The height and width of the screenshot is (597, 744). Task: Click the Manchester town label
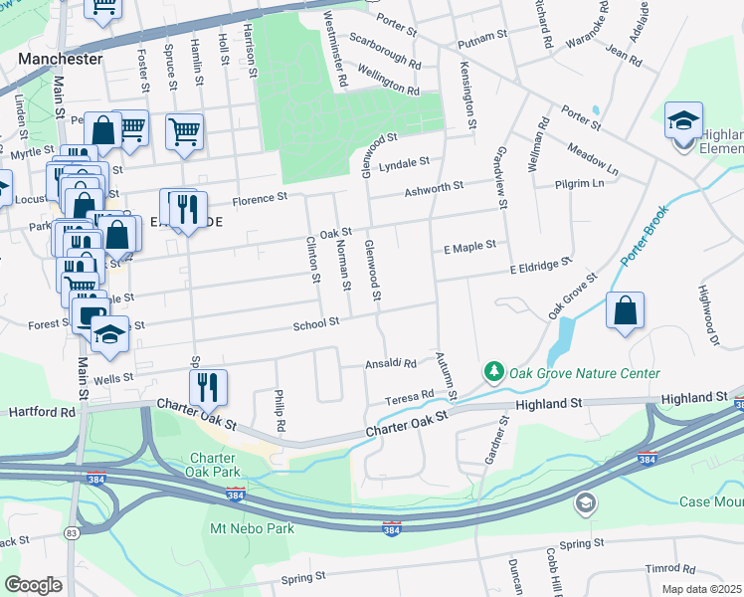pyautogui.click(x=60, y=59)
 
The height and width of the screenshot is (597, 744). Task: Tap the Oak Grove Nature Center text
pyautogui.click(x=584, y=374)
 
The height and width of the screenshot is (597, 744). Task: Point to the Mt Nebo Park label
pyautogui.click(x=251, y=528)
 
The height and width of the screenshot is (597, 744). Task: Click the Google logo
pyautogui.click(x=33, y=585)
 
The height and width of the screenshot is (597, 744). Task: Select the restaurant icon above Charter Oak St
pyautogui.click(x=208, y=387)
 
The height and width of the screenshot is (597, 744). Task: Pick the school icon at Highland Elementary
pyautogui.click(x=683, y=121)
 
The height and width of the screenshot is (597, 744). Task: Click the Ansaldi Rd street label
pyautogui.click(x=394, y=362)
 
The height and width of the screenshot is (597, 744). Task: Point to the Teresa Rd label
pyautogui.click(x=411, y=396)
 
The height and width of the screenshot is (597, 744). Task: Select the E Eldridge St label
pyautogui.click(x=541, y=265)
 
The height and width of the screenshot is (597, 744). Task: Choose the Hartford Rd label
pyautogui.click(x=41, y=411)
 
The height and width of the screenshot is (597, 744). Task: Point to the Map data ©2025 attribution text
pyautogui.click(x=702, y=589)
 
